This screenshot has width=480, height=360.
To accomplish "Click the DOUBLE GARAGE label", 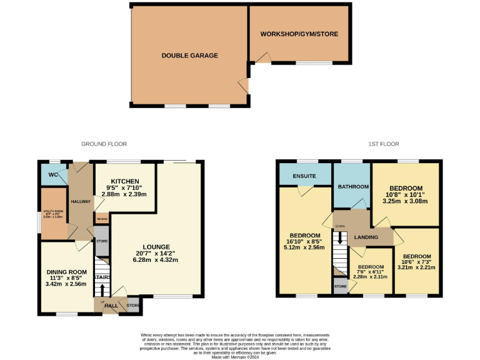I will pos(189,56).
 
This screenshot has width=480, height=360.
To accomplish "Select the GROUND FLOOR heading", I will pos(104,144).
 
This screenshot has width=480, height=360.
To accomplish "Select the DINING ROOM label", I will pos(66,272).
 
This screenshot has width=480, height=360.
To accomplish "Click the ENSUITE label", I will pos(304,176).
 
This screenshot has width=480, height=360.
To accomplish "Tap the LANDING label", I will pos(366,237).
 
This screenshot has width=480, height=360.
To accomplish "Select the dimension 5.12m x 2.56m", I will pos(305,247).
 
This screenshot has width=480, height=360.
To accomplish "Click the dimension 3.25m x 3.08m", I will pos(406,201).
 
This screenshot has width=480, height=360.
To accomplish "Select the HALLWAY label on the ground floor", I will pos(81,201).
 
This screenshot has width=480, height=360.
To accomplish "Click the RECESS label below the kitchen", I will pos(101,219).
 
